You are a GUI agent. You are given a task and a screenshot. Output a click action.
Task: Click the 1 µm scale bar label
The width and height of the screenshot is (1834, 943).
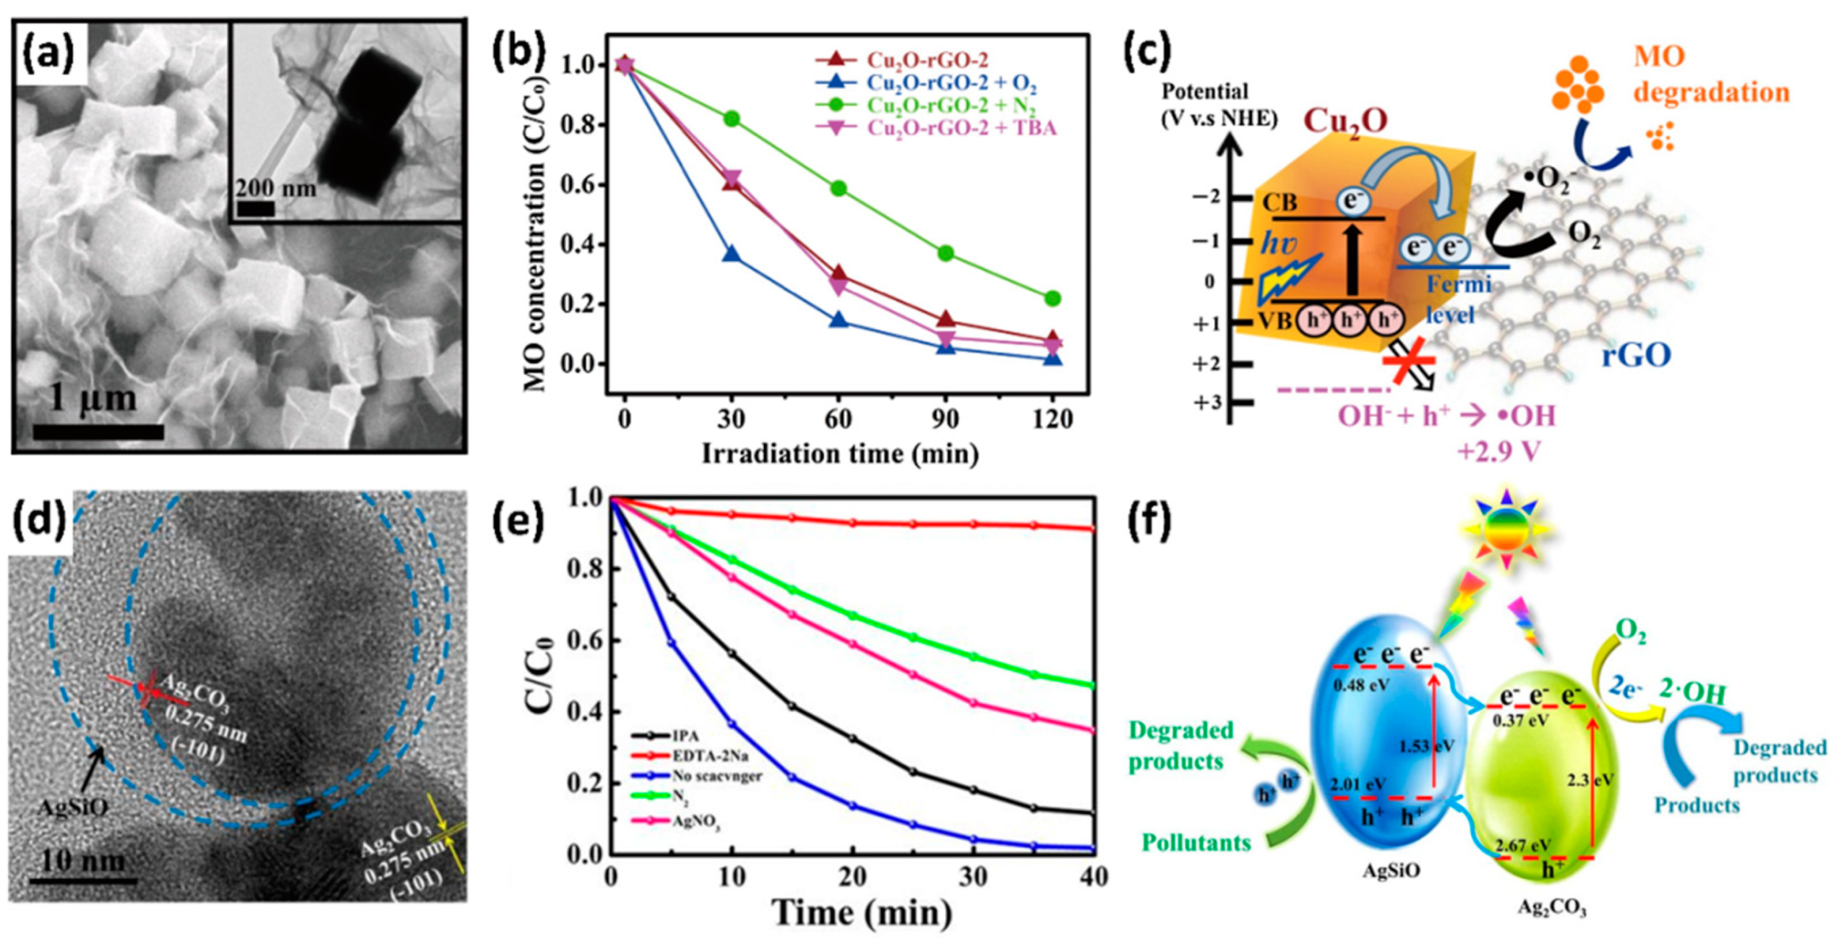[93, 398]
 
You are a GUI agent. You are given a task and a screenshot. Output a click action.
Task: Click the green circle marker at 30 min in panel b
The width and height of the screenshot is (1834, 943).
[732, 118]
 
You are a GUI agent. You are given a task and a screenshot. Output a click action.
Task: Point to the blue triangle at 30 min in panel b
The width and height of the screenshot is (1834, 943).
[732, 255]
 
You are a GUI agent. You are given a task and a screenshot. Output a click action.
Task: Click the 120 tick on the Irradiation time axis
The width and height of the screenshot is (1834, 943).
[1052, 419]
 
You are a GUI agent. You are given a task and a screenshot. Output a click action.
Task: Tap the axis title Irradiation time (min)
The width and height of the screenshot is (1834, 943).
[840, 454]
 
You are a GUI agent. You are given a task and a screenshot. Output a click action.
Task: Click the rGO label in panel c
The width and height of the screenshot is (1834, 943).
[1635, 354]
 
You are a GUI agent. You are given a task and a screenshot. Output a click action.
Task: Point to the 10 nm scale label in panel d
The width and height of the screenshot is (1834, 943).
[83, 861]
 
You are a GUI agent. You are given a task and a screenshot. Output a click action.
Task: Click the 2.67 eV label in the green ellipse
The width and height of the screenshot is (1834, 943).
[1523, 846]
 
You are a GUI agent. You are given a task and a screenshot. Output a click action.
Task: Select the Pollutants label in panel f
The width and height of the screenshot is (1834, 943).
[1196, 843]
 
